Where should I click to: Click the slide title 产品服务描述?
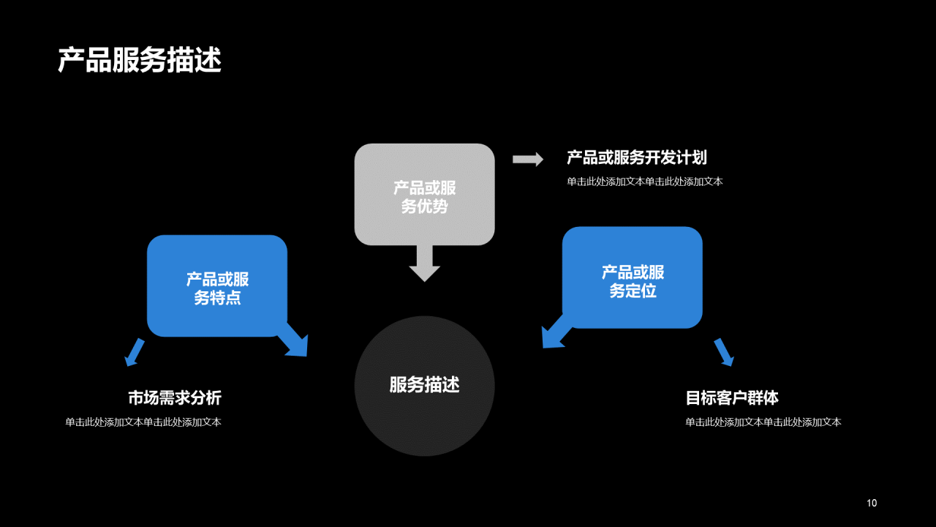point(139,61)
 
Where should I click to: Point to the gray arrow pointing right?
point(527,159)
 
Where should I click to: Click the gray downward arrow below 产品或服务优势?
point(424,264)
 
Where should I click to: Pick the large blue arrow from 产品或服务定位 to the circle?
point(554,334)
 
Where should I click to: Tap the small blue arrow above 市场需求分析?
point(134,352)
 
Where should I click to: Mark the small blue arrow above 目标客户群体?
point(724,352)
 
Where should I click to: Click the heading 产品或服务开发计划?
point(636,157)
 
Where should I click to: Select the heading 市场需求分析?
point(175,398)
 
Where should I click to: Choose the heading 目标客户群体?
point(732,398)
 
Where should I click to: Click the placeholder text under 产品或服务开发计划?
point(644,182)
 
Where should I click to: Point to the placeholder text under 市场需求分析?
point(143,422)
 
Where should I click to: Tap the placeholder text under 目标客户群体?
point(763,422)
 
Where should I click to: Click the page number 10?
point(872,503)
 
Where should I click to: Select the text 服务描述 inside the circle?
point(424,385)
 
